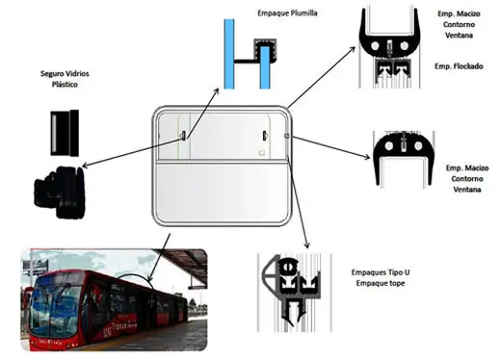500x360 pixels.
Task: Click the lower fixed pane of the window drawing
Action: click(220, 192)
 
